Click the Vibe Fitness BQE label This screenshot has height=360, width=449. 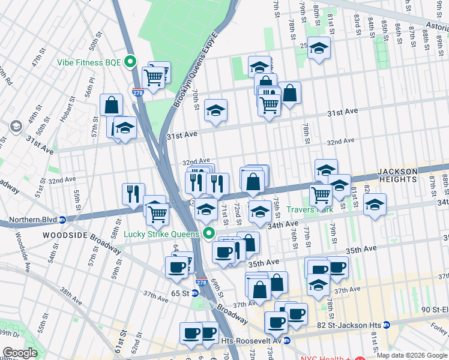point(89,62)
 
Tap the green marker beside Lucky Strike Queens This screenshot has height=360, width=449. point(209,233)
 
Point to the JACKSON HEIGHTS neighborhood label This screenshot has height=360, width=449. point(406,175)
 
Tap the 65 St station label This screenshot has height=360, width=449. point(180,293)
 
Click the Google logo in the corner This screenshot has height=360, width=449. point(20,353)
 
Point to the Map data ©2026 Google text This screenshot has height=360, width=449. point(411,355)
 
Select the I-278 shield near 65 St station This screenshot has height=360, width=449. point(201,282)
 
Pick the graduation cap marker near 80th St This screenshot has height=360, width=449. point(319,47)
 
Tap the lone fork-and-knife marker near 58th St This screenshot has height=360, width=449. point(133,193)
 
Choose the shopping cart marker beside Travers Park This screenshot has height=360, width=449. point(321,194)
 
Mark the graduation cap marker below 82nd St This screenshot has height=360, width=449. point(375,206)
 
